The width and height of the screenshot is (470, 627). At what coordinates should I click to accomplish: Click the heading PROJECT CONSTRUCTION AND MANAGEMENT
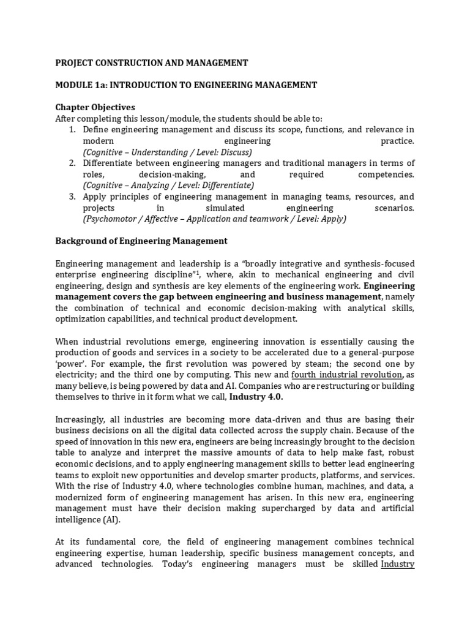[152, 62]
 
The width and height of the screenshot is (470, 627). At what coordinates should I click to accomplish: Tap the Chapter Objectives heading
[95, 107]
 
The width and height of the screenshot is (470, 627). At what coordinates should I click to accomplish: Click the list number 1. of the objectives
[72, 130]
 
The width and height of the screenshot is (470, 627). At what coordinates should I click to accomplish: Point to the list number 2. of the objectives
[72, 163]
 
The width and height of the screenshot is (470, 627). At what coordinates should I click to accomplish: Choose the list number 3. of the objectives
[72, 197]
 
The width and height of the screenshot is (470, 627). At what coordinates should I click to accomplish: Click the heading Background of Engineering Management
[141, 241]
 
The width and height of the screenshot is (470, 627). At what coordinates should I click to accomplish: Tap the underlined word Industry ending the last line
[398, 564]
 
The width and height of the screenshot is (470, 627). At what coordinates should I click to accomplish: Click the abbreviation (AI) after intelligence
[111, 520]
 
